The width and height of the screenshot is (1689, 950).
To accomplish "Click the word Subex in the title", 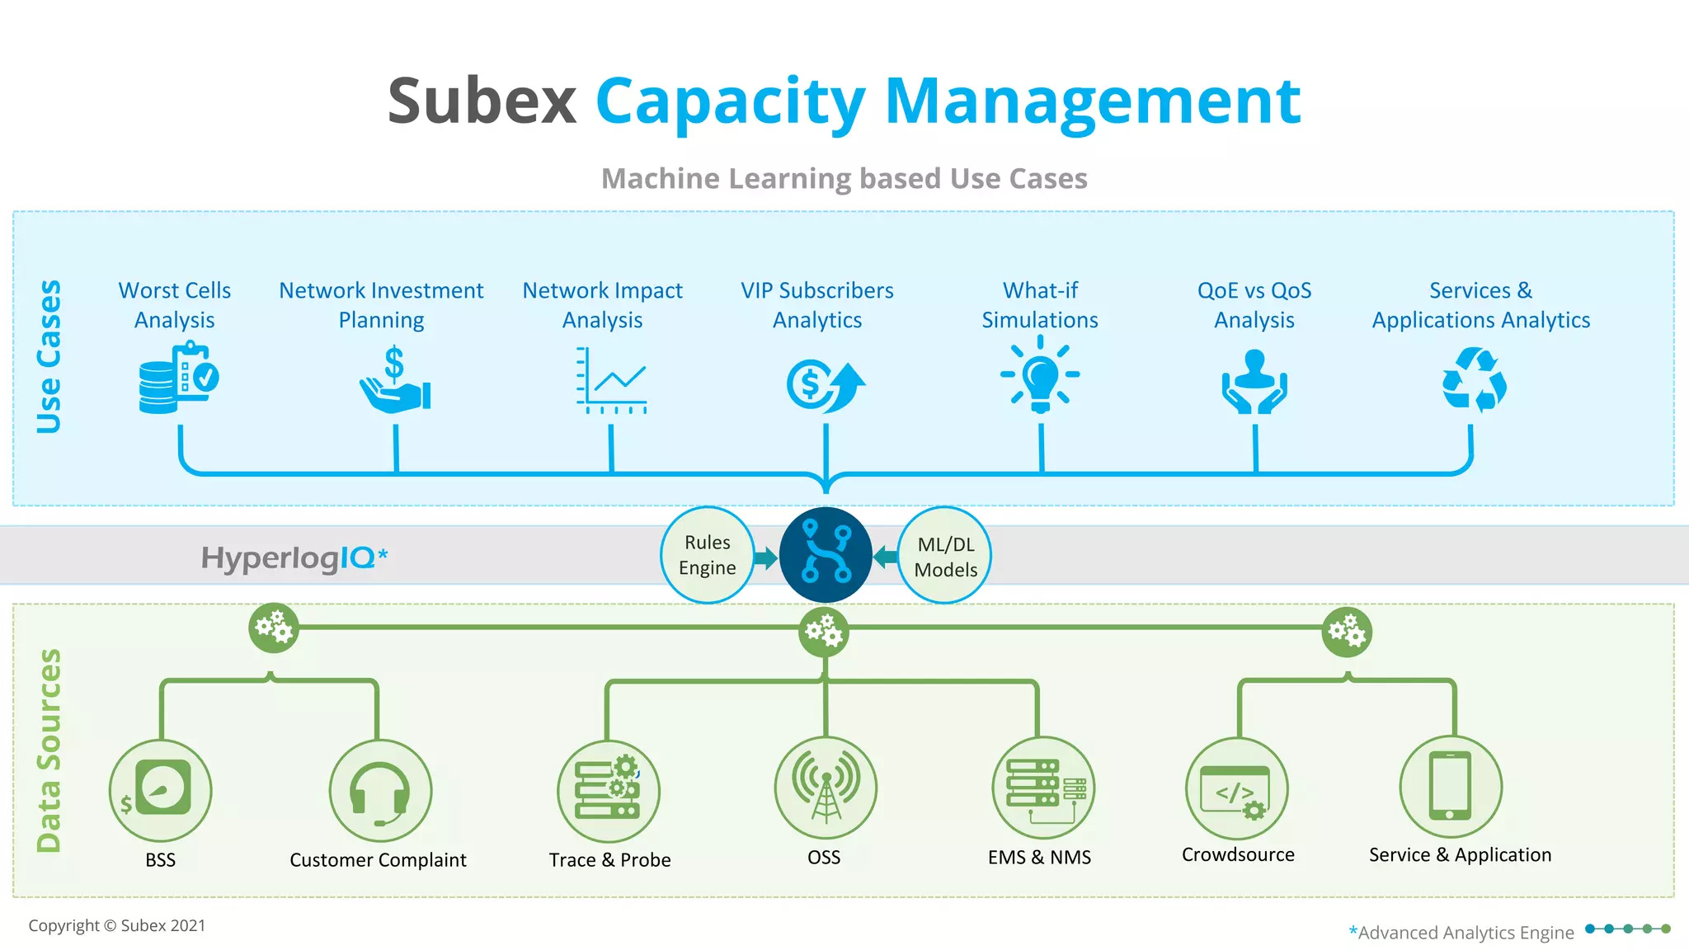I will click(x=482, y=101).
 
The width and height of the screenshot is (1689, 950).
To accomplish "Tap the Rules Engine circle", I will click(x=707, y=555).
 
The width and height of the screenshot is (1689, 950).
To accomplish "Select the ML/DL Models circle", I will click(x=945, y=556).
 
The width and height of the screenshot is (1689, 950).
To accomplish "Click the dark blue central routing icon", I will click(x=826, y=554).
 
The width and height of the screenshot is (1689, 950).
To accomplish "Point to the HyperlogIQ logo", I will click(x=294, y=558).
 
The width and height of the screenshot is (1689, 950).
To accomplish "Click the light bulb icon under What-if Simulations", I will click(x=1040, y=375).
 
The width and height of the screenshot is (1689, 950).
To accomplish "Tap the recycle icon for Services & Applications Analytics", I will click(x=1474, y=380).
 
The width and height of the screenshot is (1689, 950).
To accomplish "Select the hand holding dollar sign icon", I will click(x=395, y=382).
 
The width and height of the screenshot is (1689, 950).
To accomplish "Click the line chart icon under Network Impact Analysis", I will click(x=611, y=380).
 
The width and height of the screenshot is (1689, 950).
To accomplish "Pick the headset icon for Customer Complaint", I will click(x=379, y=791).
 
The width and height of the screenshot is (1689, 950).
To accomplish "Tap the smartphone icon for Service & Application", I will click(x=1450, y=787).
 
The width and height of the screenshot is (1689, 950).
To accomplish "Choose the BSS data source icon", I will click(x=161, y=789).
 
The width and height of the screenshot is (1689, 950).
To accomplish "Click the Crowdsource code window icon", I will click(x=1235, y=789).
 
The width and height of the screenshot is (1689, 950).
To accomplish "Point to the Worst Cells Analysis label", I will click(x=174, y=305).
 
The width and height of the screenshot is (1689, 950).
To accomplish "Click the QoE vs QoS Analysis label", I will click(x=1254, y=305).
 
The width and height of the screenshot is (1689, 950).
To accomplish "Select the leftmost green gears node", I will click(x=274, y=628).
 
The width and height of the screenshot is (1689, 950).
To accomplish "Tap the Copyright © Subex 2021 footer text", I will click(x=117, y=925).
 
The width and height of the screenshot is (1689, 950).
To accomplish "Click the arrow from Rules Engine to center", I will click(x=766, y=558).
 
